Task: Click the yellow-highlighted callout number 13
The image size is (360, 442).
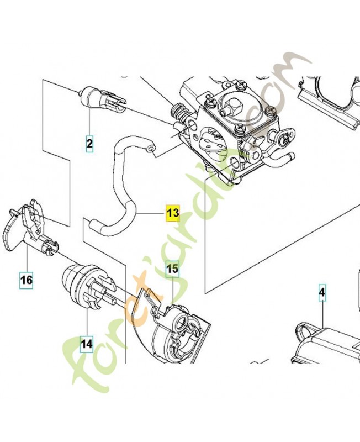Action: (x=172, y=212)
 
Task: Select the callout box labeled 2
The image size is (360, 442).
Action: (x=89, y=144)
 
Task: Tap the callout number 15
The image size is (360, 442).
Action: (x=172, y=269)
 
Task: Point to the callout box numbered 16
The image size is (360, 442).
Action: (x=27, y=280)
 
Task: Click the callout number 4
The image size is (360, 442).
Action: (x=322, y=291)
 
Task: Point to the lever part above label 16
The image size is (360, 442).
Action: (x=28, y=227)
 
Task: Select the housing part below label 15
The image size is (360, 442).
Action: (x=171, y=331)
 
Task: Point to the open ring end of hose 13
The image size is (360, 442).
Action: (x=151, y=148)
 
